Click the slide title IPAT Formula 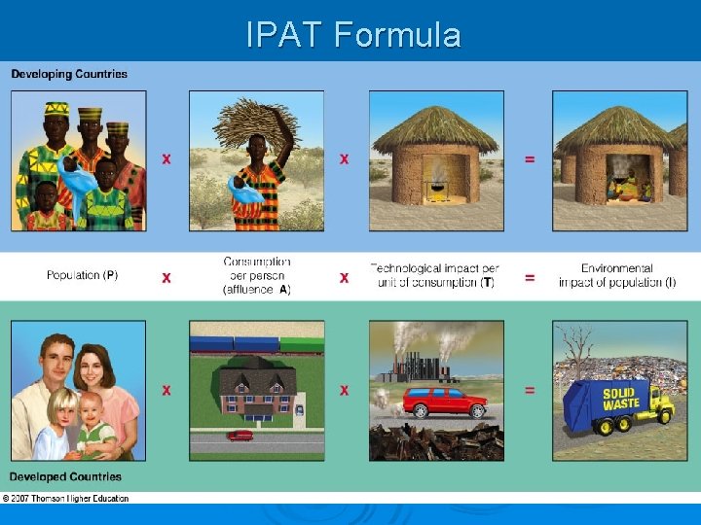352,35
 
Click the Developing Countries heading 69,74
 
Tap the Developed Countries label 65,476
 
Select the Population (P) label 82,275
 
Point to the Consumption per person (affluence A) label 256,275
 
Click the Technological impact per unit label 434,275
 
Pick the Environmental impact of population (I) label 616,275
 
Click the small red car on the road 240,436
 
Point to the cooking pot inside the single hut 435,185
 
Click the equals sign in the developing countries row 529,158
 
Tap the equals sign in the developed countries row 529,390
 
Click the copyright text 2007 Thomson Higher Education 65,498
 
